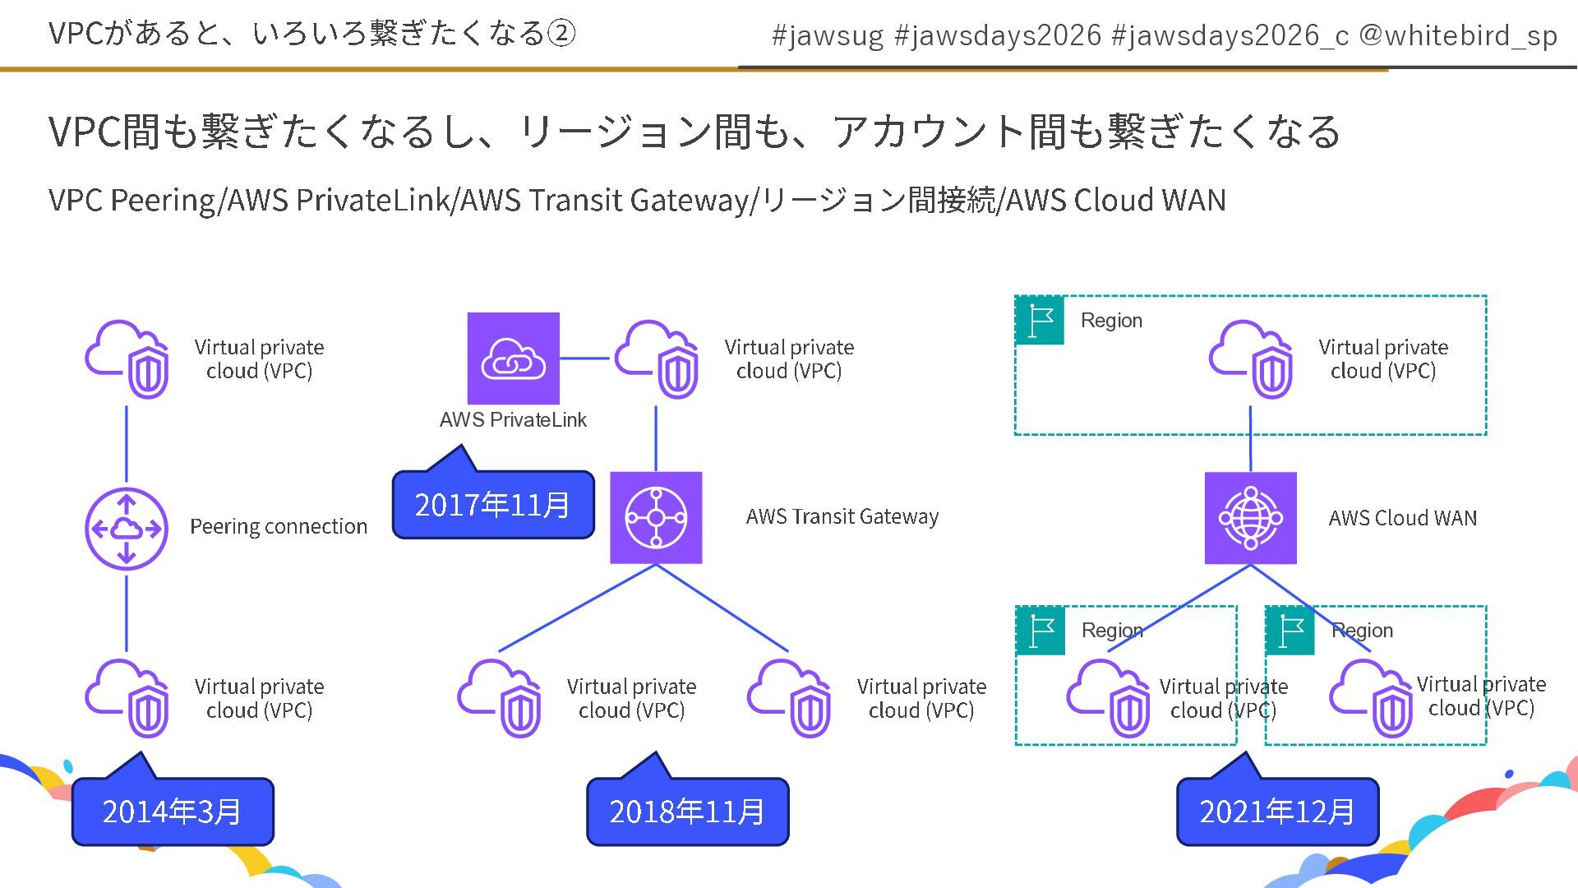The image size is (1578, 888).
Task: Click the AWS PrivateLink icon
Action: [513, 358]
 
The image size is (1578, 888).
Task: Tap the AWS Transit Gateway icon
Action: [656, 517]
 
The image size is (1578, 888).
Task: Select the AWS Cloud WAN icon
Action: [1250, 517]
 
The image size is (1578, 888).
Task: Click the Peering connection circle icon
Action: [127, 528]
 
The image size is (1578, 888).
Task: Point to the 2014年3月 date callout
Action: [173, 812]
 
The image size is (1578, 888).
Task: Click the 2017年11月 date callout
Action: [492, 504]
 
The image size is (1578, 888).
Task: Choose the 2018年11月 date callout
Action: [687, 812]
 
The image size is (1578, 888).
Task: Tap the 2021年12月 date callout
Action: [1276, 812]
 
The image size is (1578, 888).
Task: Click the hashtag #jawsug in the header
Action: [827, 36]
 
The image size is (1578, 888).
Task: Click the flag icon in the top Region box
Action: [1040, 320]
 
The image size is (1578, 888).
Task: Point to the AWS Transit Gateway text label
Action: [842, 517]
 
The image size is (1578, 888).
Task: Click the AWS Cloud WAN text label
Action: [1402, 518]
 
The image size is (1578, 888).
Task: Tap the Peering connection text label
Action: [279, 526]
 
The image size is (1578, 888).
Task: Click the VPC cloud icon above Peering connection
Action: [128, 358]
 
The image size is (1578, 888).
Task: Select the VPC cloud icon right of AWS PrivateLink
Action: [657, 358]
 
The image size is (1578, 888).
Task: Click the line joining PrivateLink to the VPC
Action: [585, 358]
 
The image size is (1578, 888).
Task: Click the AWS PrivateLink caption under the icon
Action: [513, 419]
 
